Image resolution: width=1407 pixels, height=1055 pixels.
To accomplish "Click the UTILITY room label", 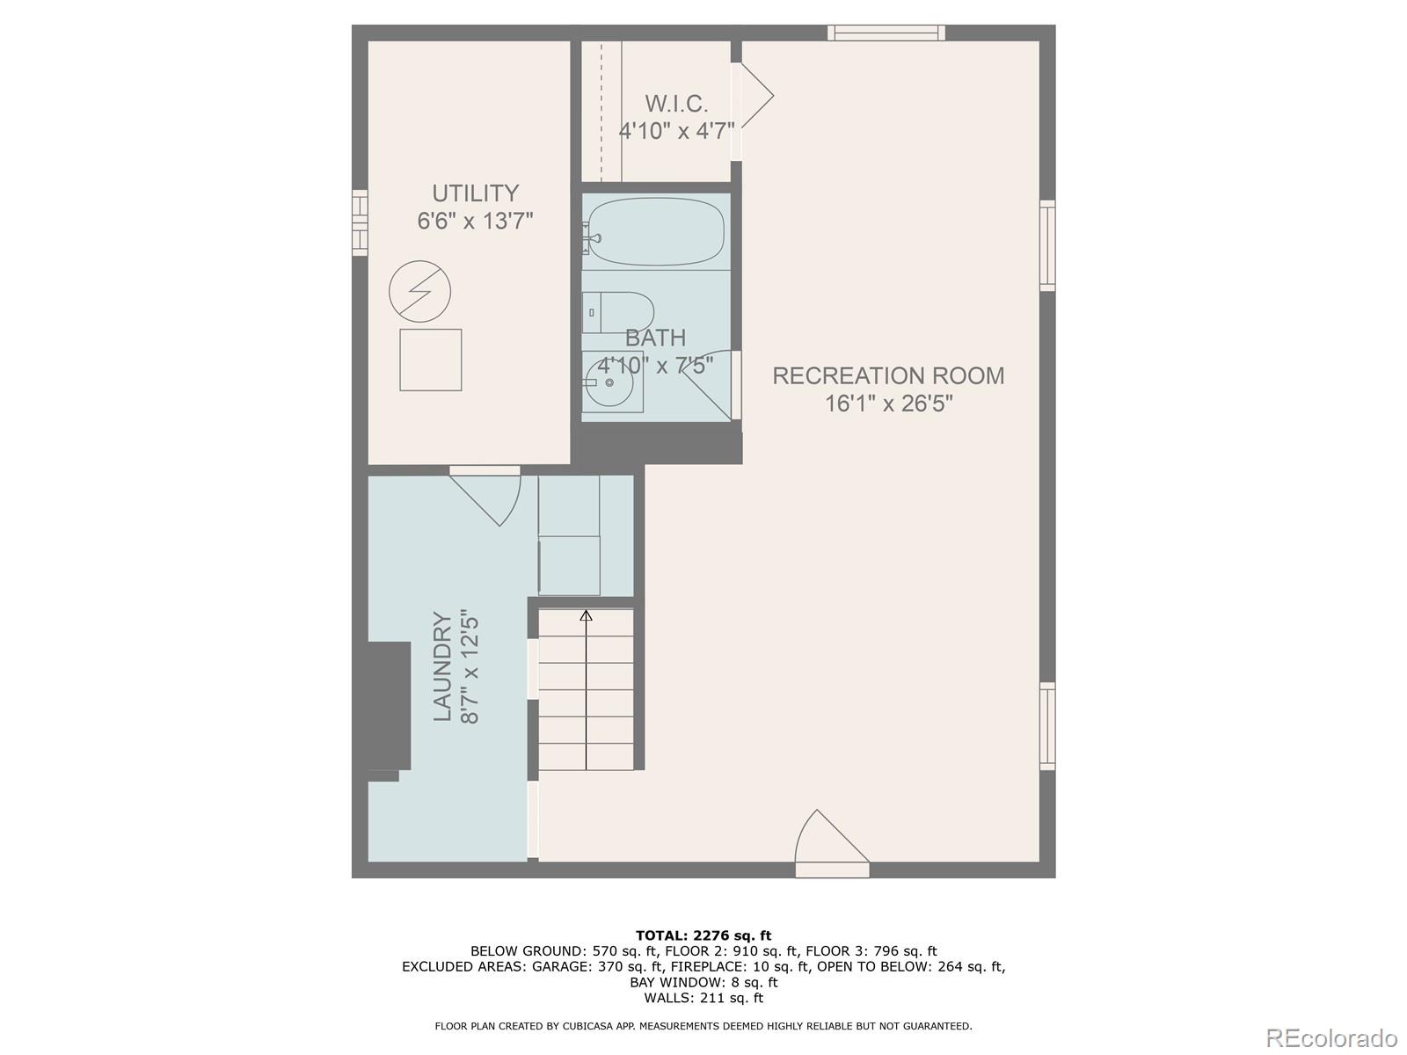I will tap(475, 193).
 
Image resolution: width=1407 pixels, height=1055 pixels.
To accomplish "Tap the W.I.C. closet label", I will tap(676, 104).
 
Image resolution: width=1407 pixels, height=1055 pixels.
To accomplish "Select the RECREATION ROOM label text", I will tap(888, 375).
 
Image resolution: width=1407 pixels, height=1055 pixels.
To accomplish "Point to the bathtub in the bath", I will tap(656, 232).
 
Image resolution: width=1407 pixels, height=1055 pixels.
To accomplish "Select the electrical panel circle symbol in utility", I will tap(420, 291).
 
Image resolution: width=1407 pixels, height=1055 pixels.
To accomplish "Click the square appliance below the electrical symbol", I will tap(431, 360).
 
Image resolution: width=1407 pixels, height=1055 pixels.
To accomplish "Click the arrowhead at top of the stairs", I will tap(587, 615).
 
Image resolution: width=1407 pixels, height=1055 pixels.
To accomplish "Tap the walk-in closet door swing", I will tap(755, 96).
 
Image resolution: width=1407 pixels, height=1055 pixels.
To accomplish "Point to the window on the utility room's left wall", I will tap(360, 222).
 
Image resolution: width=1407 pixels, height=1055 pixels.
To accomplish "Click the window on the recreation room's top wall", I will tap(886, 33).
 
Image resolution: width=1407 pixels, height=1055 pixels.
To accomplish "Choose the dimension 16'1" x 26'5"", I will tap(888, 404).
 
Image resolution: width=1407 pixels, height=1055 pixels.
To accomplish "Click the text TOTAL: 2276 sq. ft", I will tap(703, 935).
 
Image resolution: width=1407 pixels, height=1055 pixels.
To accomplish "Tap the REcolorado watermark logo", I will tap(1331, 1037).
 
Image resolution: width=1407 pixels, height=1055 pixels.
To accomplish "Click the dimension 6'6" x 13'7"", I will tap(475, 221).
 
